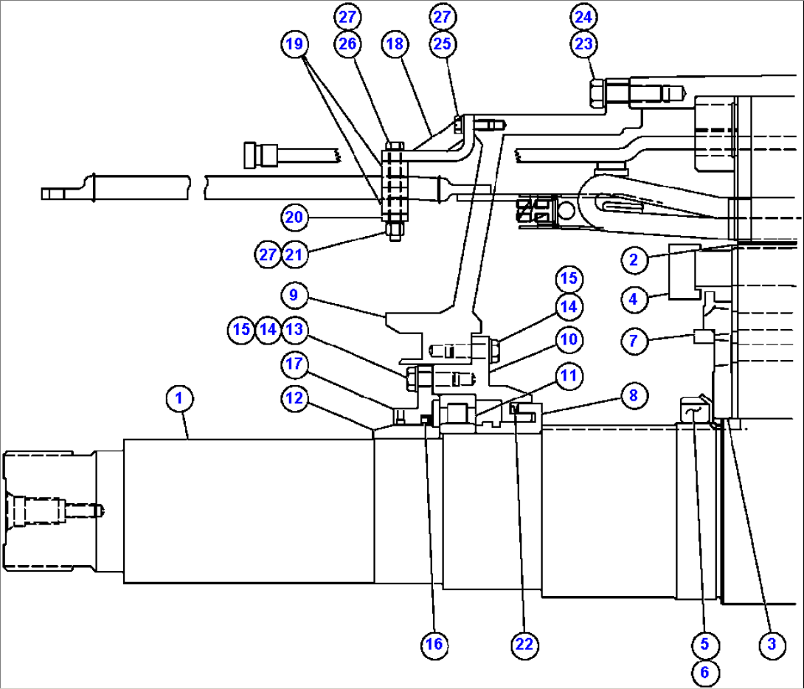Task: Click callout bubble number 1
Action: tap(179, 399)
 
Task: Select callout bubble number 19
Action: tap(294, 44)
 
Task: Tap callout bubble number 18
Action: tap(395, 44)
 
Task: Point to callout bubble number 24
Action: tap(583, 16)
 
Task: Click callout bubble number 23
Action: tap(583, 44)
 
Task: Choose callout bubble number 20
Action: tap(294, 217)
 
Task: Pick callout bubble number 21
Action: tap(294, 255)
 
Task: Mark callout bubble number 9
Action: tap(294, 296)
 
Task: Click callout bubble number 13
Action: tap(294, 330)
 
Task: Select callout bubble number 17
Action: tap(294, 363)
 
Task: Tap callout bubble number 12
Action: tap(294, 398)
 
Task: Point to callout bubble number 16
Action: tap(434, 644)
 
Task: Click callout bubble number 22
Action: tap(524, 644)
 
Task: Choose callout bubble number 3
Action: tap(772, 644)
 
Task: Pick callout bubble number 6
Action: tap(704, 671)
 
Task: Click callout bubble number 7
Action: tap(634, 341)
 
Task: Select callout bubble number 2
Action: tap(634, 259)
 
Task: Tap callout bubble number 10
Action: tap(569, 340)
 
